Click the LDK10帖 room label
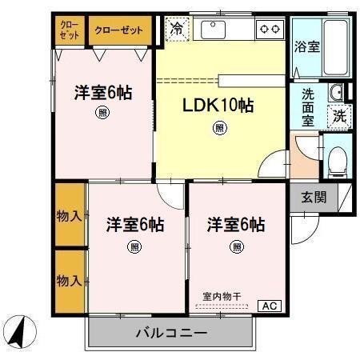219,106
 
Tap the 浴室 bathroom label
306,46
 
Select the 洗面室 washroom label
308,104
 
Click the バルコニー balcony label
171,332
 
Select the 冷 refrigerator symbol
175,30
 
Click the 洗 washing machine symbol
340,115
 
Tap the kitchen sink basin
217,30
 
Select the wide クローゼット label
119,30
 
